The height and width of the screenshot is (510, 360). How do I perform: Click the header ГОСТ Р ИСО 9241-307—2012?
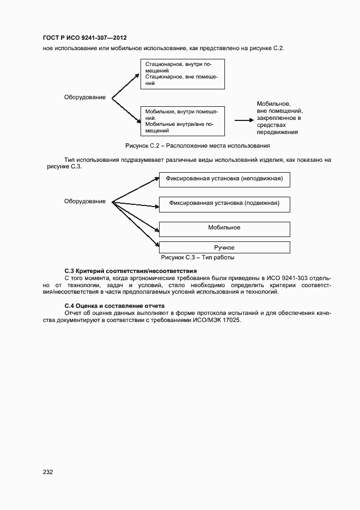84,38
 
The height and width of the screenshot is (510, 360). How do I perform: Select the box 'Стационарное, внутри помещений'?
182,74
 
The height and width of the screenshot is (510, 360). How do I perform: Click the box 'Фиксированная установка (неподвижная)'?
224,180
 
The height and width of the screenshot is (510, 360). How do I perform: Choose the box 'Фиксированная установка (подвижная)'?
224,204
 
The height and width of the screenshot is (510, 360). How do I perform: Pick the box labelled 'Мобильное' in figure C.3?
224,228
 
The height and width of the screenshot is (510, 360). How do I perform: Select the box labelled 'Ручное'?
224,247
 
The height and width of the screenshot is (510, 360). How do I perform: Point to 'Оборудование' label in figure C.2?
85,98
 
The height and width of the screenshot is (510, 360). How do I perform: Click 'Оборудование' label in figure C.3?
85,202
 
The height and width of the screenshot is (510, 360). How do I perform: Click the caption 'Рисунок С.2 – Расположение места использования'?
198,146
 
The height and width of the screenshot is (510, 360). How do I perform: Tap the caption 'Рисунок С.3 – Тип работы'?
198,258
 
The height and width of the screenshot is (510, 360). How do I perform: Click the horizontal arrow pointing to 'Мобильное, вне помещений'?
242,120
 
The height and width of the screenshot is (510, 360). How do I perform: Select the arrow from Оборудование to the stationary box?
126,86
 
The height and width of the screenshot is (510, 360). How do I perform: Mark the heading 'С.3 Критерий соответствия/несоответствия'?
130,271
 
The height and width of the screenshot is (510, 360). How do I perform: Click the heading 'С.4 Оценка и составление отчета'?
114,306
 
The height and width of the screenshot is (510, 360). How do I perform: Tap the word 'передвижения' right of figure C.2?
278,132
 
